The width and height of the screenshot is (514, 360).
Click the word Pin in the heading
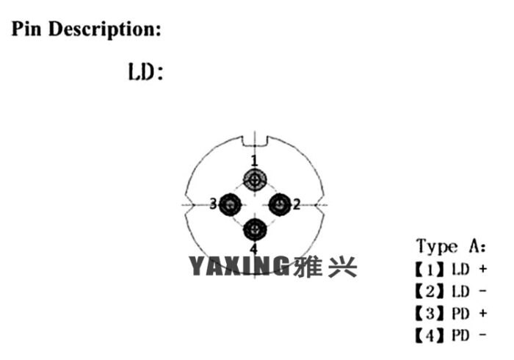(26, 29)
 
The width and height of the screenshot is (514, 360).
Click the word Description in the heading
(104, 29)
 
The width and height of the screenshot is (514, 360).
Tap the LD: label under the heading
(145, 72)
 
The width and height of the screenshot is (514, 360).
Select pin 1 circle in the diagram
(255, 179)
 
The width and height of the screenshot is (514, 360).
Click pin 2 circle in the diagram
(280, 204)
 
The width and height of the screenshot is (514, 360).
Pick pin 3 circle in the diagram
(230, 204)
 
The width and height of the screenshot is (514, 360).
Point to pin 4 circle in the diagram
(255, 229)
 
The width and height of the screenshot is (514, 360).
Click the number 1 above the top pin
(254, 161)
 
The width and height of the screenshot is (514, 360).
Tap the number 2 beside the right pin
(297, 204)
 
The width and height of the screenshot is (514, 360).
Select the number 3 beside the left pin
(213, 204)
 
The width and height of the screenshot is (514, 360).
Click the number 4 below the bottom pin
(254, 248)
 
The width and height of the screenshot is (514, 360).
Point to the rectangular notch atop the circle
(255, 141)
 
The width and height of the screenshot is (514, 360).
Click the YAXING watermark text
(239, 265)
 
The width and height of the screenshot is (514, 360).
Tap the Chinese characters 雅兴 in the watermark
(325, 266)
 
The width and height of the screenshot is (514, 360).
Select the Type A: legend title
(451, 247)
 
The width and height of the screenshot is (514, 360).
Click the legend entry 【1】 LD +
(451, 269)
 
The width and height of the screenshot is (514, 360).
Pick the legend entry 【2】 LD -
(451, 291)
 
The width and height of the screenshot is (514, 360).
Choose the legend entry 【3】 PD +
(451, 313)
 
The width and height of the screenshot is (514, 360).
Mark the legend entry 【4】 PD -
(451, 335)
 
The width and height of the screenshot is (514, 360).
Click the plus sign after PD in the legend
(482, 313)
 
